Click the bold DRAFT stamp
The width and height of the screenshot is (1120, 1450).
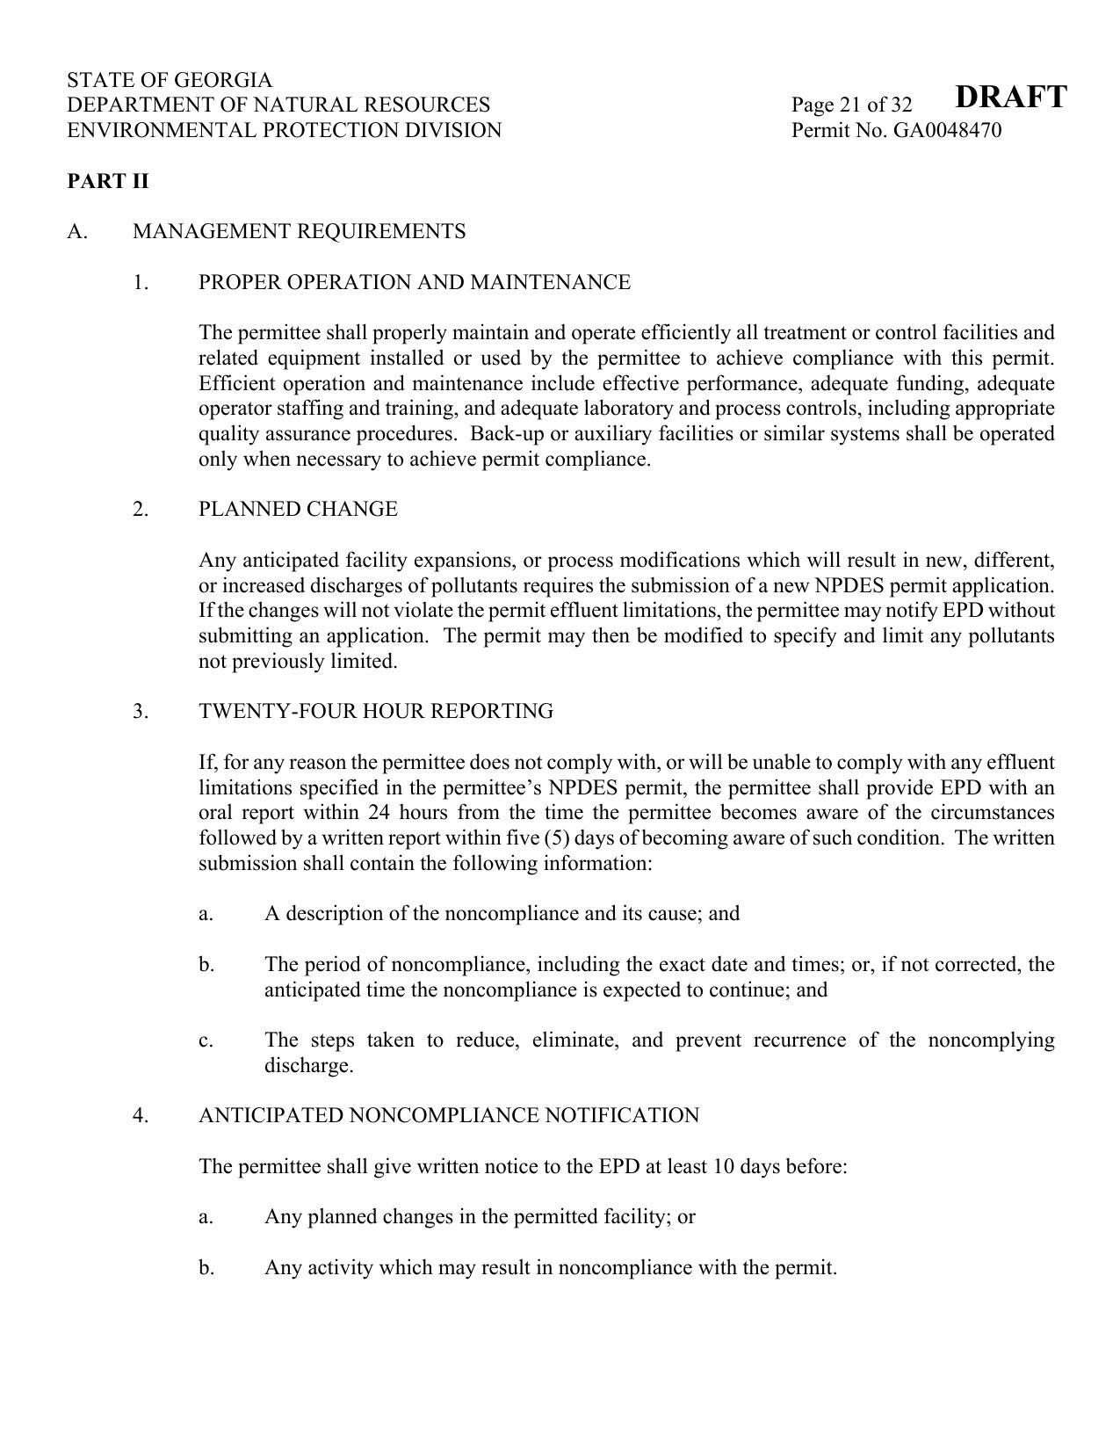(1010, 96)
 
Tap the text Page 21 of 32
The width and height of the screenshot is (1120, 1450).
(851, 105)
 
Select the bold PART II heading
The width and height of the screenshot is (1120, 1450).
(108, 181)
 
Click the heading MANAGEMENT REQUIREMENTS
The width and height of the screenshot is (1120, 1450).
(299, 231)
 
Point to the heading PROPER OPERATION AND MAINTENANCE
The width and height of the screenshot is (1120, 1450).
(414, 282)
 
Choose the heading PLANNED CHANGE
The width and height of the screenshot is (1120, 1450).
(298, 509)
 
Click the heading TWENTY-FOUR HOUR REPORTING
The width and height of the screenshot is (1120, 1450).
(376, 711)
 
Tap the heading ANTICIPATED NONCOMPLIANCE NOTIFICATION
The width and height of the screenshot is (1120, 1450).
(449, 1115)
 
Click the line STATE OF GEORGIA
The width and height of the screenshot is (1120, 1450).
(170, 80)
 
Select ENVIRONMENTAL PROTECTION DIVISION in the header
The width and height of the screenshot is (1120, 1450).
(284, 131)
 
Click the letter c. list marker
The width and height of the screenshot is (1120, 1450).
(206, 1040)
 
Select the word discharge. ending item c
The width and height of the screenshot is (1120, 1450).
(308, 1066)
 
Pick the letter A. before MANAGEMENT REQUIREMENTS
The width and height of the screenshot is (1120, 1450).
(76, 231)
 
